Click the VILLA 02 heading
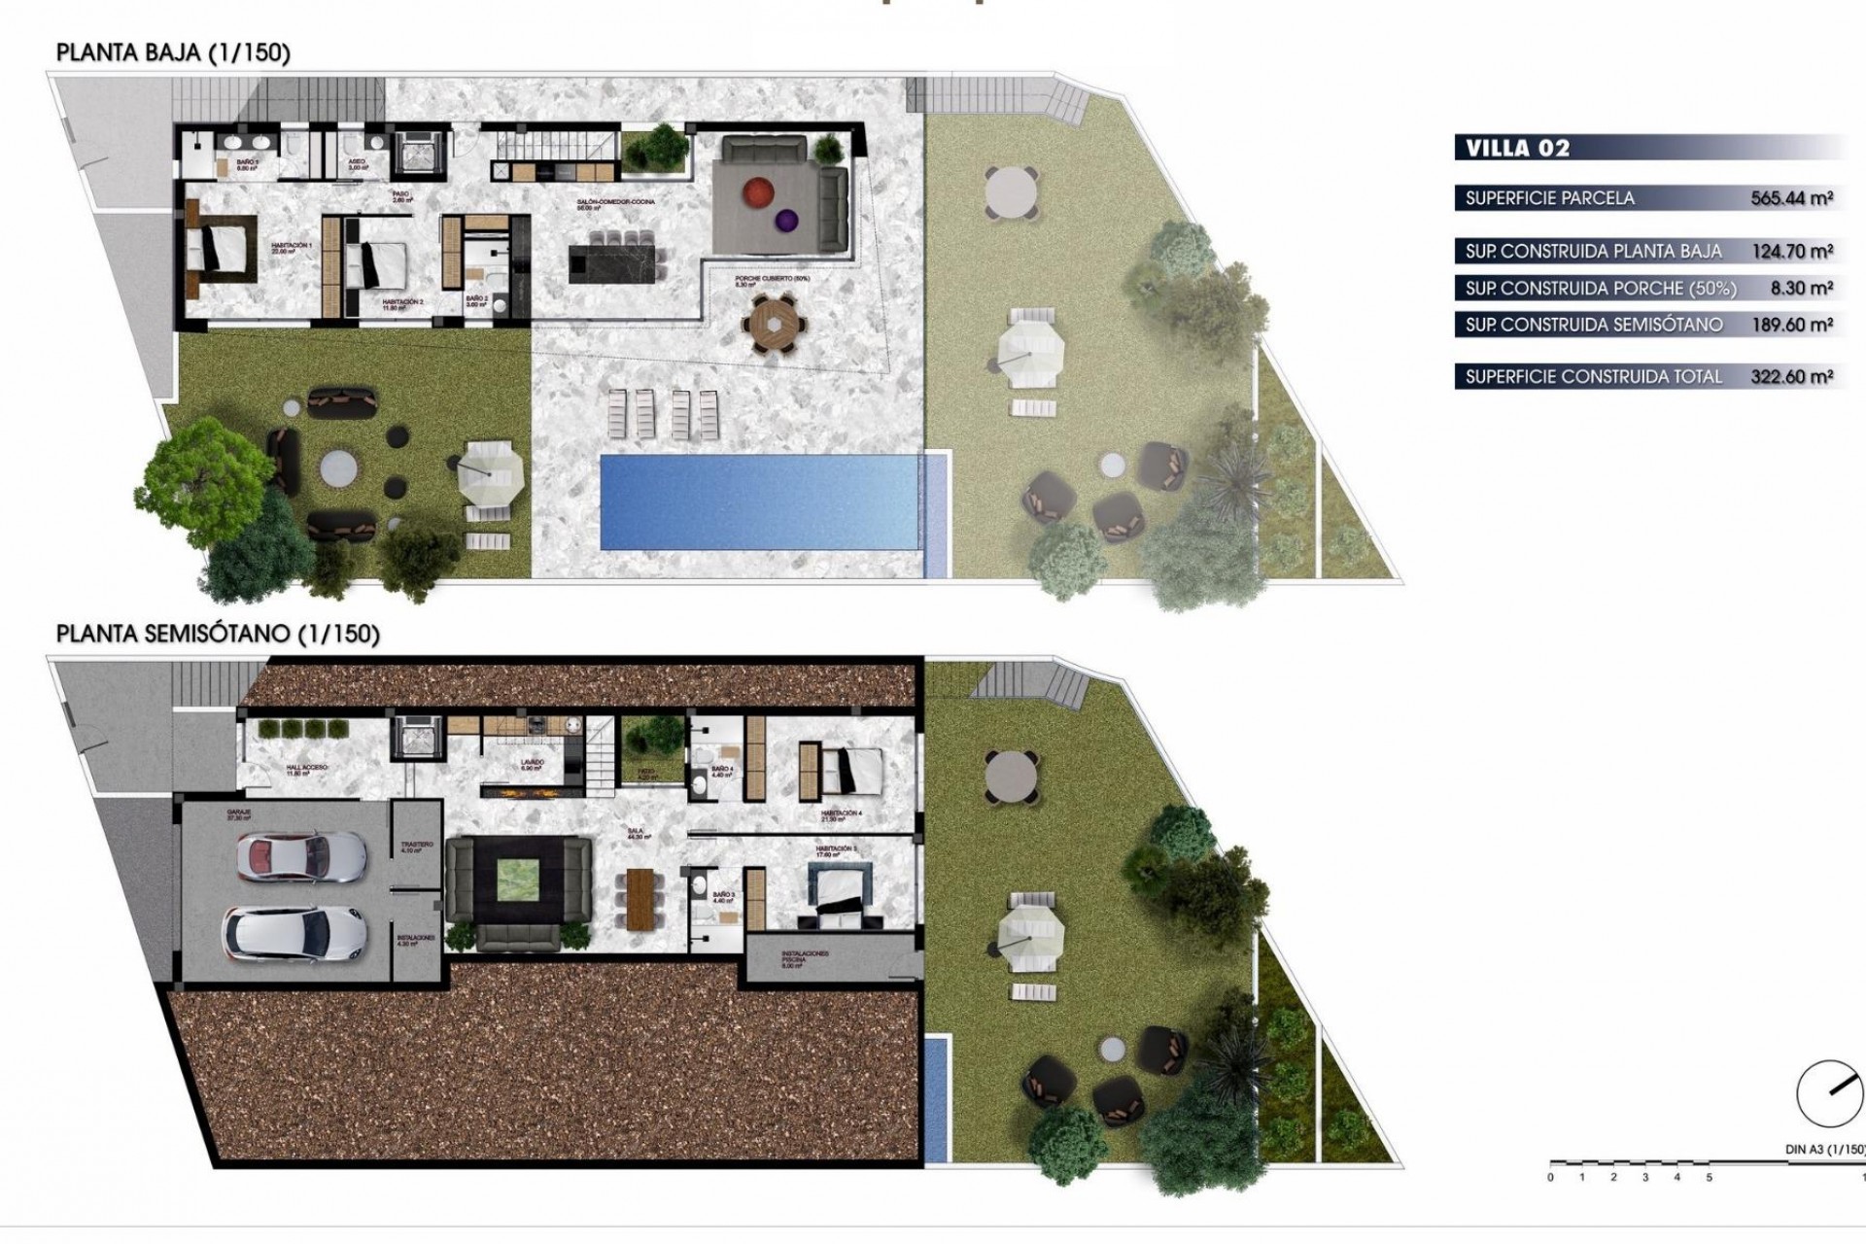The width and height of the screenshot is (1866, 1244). click(1517, 149)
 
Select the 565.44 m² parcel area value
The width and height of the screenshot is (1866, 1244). click(1791, 198)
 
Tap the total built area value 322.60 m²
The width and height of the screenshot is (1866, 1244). click(1791, 377)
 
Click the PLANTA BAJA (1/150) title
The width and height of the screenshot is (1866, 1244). click(173, 52)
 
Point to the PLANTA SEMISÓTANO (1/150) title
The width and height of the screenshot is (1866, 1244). click(218, 634)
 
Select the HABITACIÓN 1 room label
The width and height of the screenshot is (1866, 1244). click(292, 247)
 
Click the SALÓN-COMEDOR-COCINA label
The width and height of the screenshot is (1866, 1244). click(616, 203)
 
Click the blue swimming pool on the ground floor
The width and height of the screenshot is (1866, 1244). click(759, 501)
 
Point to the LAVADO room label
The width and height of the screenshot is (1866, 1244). click(533, 764)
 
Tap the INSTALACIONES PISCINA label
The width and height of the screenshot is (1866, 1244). click(805, 958)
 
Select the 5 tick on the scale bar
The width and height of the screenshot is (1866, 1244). click(1709, 1178)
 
